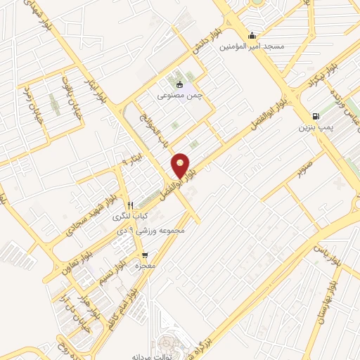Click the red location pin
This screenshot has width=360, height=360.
(x=181, y=165)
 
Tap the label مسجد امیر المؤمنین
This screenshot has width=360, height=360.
(x=252, y=46)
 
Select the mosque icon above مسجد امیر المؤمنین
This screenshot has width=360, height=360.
(x=252, y=36)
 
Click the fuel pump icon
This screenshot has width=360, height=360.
(x=315, y=117)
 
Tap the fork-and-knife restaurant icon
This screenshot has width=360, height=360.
(x=130, y=206)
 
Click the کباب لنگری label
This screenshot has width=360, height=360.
(x=132, y=217)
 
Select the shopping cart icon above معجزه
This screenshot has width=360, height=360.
(x=145, y=256)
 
